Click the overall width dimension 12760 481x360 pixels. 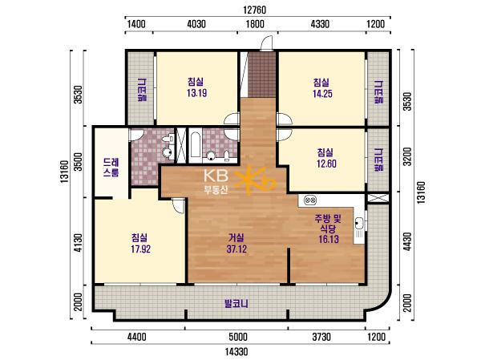click(254, 10)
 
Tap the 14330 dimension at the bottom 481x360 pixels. click(236, 351)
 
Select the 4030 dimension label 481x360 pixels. click(196, 23)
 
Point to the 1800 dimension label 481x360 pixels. click(255, 23)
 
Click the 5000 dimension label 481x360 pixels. click(238, 337)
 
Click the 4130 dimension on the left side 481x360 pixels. click(79, 243)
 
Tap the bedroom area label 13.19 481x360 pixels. click(196, 93)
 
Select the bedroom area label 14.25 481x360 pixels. click(322, 93)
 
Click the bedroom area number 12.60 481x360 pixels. click(326, 164)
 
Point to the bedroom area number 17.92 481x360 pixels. click(141, 249)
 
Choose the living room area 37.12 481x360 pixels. click(236, 249)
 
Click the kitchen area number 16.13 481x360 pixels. click(329, 239)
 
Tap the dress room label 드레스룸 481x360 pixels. click(111, 168)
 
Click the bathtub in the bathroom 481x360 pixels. click(195, 147)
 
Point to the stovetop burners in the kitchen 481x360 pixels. click(310, 200)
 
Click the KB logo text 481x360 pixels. click(216, 176)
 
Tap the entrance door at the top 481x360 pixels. click(266, 43)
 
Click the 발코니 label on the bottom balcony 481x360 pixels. click(236, 304)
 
